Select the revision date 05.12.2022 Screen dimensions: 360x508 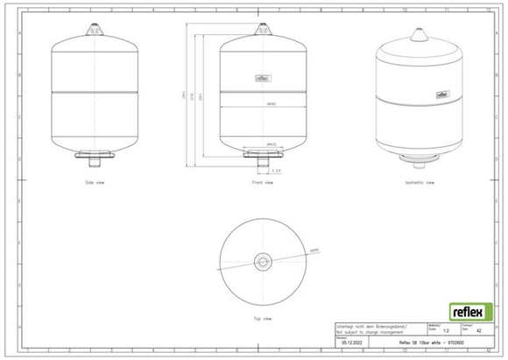[x=353, y=342]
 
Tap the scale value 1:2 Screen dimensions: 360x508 [x=448, y=331]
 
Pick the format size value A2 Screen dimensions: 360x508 [x=477, y=331]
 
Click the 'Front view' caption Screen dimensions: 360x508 [x=262, y=182]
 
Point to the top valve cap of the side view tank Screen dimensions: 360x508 [x=92, y=29]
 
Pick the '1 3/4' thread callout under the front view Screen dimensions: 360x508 [x=277, y=170]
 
